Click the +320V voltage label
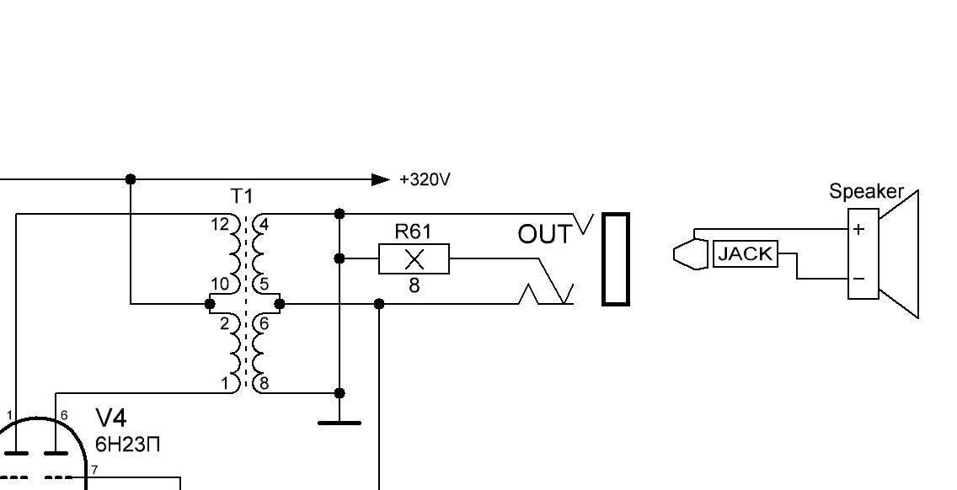pyautogui.click(x=425, y=179)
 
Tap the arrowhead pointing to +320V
pyautogui.click(x=381, y=179)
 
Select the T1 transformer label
pyautogui.click(x=242, y=196)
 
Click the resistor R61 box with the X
pyautogui.click(x=414, y=258)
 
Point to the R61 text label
pyautogui.click(x=413, y=232)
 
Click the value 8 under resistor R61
pyautogui.click(x=414, y=285)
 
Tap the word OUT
pyautogui.click(x=545, y=234)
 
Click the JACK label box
pyautogui.click(x=746, y=253)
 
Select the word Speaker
pyautogui.click(x=865, y=192)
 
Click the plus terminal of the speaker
pyautogui.click(x=858, y=230)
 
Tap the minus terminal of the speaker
pyautogui.click(x=858, y=279)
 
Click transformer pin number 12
pyautogui.click(x=220, y=224)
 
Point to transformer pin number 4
pyautogui.click(x=264, y=225)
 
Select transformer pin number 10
pyautogui.click(x=220, y=284)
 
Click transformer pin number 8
pyautogui.click(x=264, y=383)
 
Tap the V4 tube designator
pyautogui.click(x=111, y=418)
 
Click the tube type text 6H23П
pyautogui.click(x=127, y=445)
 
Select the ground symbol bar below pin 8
pyautogui.click(x=339, y=423)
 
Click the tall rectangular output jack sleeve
pyautogui.click(x=616, y=258)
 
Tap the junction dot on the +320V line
pyautogui.click(x=130, y=179)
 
